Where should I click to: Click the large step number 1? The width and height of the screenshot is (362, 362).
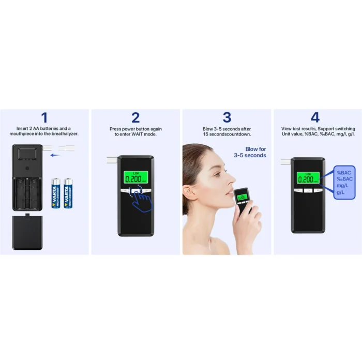click(44, 117)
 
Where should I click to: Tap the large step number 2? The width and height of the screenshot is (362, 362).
click(135, 117)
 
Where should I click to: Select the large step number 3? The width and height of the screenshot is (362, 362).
click(227, 117)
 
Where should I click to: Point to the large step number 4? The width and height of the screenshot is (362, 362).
click(315, 117)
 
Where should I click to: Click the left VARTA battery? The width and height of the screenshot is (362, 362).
click(56, 193)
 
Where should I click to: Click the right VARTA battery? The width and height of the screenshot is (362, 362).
click(68, 193)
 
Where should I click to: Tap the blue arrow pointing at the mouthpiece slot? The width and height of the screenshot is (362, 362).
click(55, 155)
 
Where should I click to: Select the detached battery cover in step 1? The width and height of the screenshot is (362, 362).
click(27, 232)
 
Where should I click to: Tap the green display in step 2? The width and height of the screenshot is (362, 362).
click(135, 177)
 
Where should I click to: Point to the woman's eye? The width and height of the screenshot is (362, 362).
click(217, 174)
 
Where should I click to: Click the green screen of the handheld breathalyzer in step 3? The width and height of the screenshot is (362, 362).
click(243, 197)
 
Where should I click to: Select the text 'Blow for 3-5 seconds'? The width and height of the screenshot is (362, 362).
click(250, 152)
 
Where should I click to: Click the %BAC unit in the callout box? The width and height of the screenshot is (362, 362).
click(343, 173)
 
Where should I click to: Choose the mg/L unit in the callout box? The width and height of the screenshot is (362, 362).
click(342, 186)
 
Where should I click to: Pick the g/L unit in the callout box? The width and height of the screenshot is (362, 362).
click(340, 192)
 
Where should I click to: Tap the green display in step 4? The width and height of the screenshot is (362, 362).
click(308, 178)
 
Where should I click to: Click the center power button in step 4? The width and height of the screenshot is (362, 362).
click(308, 190)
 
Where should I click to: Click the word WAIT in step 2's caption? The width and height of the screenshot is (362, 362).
click(138, 134)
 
